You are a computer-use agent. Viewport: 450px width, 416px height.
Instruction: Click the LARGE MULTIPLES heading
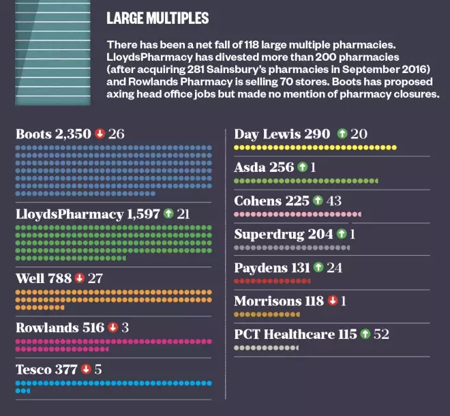(x=157, y=18)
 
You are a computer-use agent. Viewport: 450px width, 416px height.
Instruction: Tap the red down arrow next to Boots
(x=100, y=134)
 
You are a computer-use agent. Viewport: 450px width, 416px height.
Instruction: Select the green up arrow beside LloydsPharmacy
(x=168, y=214)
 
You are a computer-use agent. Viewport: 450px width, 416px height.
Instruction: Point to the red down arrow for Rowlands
(x=112, y=327)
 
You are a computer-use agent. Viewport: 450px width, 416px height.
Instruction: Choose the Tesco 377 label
(x=46, y=369)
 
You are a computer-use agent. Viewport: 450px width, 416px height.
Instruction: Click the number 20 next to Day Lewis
(x=359, y=134)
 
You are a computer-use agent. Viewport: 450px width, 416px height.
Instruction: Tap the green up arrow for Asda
(x=301, y=167)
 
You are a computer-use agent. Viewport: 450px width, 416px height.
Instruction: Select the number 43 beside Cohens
(x=334, y=200)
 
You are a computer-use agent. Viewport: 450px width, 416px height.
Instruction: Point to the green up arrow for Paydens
(x=318, y=267)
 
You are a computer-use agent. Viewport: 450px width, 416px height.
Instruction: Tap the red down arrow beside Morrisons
(x=332, y=301)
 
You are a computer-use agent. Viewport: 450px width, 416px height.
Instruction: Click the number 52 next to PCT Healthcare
(x=381, y=334)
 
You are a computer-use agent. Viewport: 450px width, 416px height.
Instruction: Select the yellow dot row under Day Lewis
(x=315, y=147)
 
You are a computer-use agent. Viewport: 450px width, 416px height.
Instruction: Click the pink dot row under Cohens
(x=297, y=214)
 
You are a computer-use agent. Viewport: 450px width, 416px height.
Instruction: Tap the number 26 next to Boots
(x=116, y=134)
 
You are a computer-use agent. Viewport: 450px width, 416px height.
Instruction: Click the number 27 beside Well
(x=95, y=278)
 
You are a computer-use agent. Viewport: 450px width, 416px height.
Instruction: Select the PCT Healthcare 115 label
(x=295, y=334)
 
